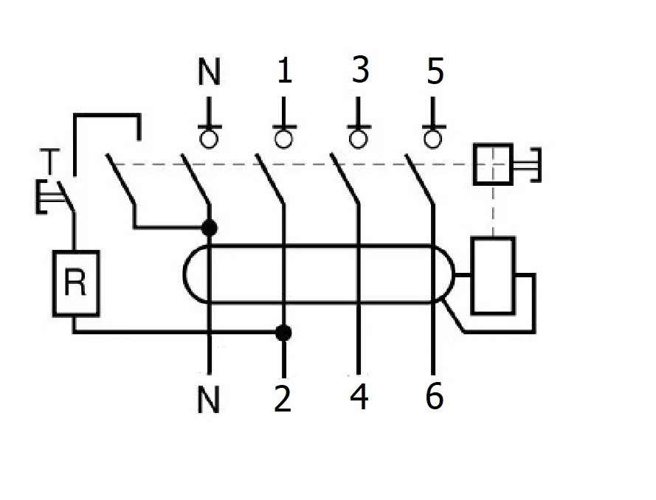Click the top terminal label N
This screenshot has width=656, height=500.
click(210, 74)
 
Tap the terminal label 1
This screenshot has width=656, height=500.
click(284, 72)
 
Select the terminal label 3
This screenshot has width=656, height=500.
click(359, 72)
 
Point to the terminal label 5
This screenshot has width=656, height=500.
click(435, 73)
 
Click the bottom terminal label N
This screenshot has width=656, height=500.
click(210, 400)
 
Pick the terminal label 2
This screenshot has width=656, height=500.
click(283, 399)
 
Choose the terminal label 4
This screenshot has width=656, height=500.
click(359, 397)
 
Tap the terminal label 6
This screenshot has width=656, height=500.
click(435, 397)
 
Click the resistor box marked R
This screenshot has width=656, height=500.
click(75, 283)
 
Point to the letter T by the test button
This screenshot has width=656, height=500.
click(49, 160)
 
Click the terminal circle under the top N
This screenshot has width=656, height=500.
click(210, 138)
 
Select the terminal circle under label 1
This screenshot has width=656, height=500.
click(283, 138)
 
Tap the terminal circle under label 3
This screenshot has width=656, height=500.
click(359, 138)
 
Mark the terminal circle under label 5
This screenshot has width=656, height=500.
click(433, 138)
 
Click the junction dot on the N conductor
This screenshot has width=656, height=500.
click(210, 227)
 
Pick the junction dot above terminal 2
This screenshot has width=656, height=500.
click(283, 333)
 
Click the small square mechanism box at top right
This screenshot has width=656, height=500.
click(492, 163)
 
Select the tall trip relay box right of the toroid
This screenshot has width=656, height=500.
click(492, 275)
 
